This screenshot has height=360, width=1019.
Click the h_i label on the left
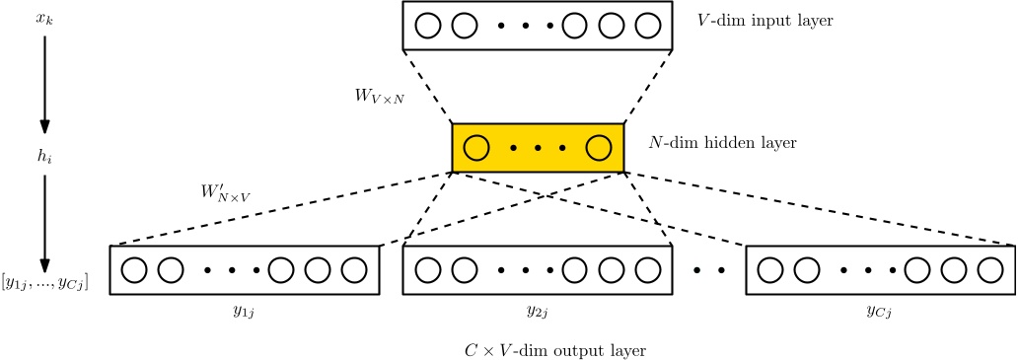coord(43,156)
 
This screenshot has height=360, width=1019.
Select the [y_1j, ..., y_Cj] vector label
coord(44,283)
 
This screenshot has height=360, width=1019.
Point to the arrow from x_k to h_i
coord(43,84)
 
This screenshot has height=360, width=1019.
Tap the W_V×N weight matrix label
coord(379,97)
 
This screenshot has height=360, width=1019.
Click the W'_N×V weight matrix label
coord(225,191)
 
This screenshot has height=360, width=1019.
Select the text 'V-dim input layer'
coord(764,20)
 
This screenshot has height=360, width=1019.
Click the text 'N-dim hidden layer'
coord(722,143)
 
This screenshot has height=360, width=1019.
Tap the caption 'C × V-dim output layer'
coord(555,350)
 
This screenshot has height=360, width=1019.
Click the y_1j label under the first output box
coord(245,312)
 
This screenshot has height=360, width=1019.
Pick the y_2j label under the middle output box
coord(538,312)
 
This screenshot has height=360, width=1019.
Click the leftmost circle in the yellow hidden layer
coord(476,148)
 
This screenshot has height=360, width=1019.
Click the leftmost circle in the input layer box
coord(428,25)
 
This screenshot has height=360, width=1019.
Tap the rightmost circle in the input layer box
coord(647,25)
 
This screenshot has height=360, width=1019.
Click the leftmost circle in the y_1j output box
coord(134,269)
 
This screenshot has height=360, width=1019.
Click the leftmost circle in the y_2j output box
coord(428,269)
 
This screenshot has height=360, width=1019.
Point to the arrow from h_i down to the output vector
coord(43,222)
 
